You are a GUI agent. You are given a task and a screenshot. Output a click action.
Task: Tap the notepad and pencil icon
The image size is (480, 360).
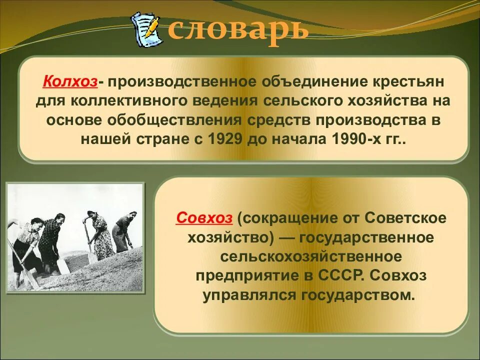click(x=146, y=29)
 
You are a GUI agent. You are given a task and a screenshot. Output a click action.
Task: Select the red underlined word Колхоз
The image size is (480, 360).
click(x=70, y=81)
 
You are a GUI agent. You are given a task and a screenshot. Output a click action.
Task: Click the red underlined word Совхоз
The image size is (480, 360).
click(x=204, y=218)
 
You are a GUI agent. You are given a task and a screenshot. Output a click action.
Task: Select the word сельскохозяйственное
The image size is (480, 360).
click(x=311, y=256)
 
